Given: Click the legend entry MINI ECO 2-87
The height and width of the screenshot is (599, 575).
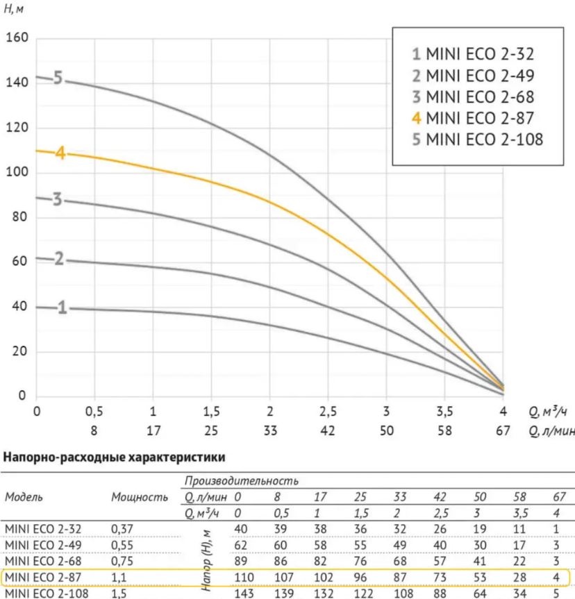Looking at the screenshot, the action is pos(473,118).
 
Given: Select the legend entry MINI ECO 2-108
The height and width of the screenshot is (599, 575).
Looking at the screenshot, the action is pos(478,140).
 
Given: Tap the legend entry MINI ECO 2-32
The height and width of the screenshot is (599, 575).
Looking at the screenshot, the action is pos(473,54).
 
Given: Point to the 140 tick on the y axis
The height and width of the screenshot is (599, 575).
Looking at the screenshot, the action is pos(17,82).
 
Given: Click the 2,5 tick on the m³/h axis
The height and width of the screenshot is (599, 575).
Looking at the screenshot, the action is pos(328,412).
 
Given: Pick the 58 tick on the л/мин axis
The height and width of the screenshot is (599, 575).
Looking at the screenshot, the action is pos(444,430).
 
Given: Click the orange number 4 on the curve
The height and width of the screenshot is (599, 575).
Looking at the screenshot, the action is pos(60,153).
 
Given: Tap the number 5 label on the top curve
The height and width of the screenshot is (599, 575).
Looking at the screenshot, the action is pos(58,78).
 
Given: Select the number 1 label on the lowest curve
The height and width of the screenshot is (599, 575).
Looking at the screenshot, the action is pos(62,307).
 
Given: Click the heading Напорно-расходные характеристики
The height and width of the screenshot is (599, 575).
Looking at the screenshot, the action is pos(114,457).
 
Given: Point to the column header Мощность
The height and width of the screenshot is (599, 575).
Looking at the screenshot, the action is pos(140,497).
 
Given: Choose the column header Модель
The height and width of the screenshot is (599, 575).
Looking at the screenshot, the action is pos(24,497).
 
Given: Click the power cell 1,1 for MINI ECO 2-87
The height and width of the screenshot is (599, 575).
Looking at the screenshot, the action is pos(119,577).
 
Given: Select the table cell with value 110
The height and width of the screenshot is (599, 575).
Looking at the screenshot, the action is pos(244,577).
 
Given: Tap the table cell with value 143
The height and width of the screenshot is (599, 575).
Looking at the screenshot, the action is pos(244,593).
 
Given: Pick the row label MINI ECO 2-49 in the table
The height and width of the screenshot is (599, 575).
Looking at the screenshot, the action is pos(43,545).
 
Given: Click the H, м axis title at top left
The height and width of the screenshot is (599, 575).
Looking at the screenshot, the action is pos(14,9).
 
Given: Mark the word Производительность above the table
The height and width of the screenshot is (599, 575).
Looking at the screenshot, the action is pos(241,480).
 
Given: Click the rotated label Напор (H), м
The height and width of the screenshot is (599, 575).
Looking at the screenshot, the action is pos(206,560).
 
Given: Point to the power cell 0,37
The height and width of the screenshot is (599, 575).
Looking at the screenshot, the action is pos(122,529).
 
